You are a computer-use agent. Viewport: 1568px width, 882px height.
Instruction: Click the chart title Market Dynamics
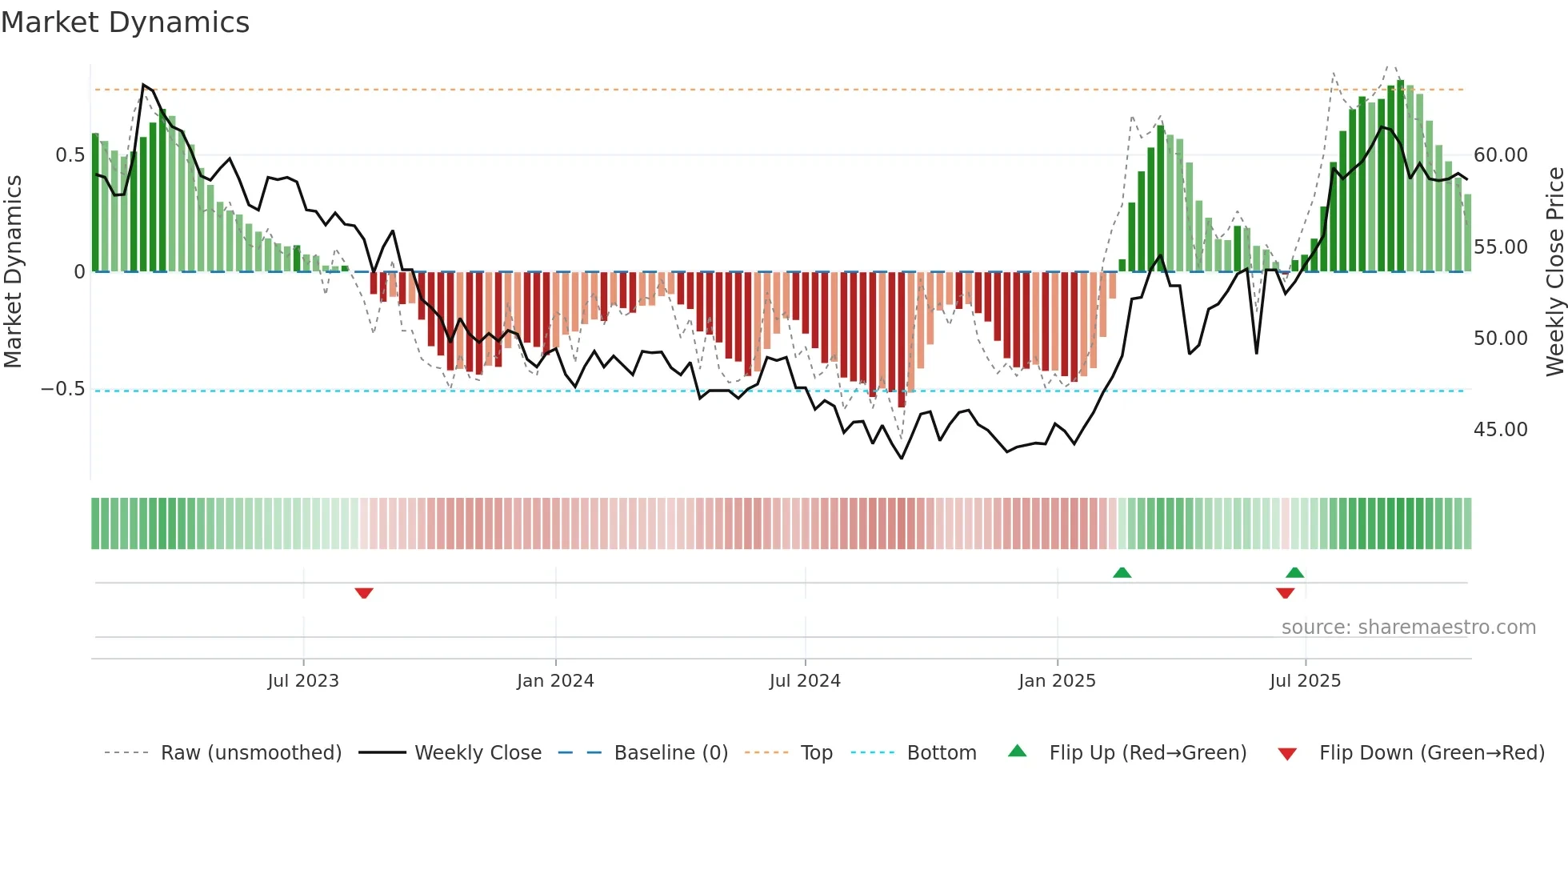tap(125, 22)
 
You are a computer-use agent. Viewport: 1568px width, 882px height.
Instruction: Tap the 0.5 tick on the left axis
tap(70, 155)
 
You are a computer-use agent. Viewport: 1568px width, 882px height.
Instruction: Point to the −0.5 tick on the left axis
tap(63, 390)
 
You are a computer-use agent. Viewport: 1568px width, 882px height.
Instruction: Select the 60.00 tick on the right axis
tap(1500, 155)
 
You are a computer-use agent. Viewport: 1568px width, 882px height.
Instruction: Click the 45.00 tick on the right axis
tap(1500, 430)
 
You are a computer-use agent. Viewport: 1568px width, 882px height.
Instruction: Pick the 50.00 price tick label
tap(1500, 339)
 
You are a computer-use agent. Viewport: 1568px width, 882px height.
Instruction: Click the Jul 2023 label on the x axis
tap(303, 681)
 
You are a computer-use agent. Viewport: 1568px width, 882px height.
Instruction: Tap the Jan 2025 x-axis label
tap(1057, 681)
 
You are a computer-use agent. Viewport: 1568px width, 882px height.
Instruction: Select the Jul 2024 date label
tap(805, 681)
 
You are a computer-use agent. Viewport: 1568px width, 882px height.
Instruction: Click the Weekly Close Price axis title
tap(1554, 272)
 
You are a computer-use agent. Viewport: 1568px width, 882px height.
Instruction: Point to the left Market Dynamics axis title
tap(13, 272)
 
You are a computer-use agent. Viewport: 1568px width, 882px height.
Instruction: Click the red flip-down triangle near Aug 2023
tap(364, 593)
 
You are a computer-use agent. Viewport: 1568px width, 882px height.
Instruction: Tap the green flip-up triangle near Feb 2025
tap(1122, 572)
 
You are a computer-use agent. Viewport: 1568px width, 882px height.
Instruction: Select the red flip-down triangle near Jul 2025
tap(1285, 593)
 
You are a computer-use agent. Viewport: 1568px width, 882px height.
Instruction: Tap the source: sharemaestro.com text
tap(1408, 627)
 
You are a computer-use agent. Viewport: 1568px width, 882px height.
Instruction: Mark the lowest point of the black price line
tap(902, 459)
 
